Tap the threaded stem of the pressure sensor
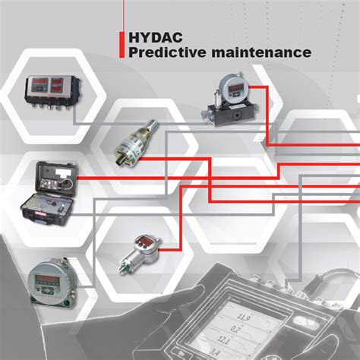click(124, 266)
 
